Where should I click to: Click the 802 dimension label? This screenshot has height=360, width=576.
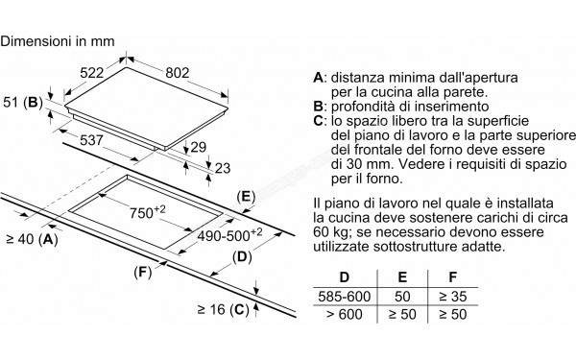pos(174,73)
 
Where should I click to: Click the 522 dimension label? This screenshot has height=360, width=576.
pos(90,73)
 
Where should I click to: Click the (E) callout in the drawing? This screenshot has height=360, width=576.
pos(247,198)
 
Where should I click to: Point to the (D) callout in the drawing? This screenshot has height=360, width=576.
pos(241,257)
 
